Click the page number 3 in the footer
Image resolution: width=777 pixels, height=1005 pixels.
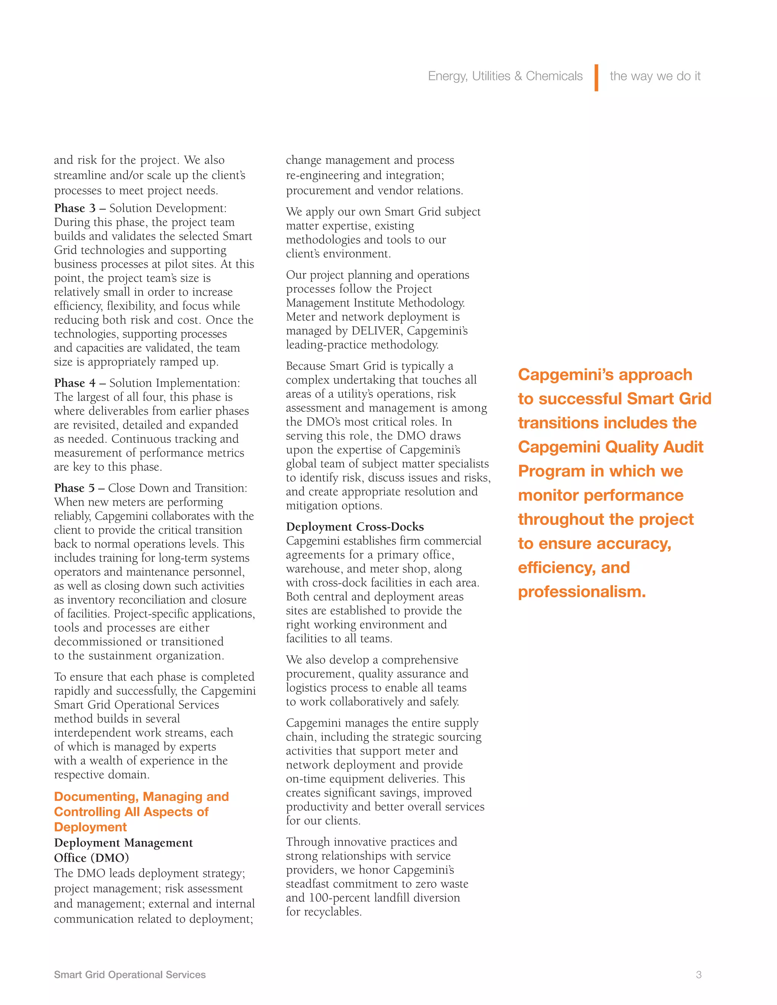point(698,974)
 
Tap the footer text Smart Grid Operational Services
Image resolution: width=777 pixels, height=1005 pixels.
point(130,974)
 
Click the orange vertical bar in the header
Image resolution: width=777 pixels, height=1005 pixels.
point(596,77)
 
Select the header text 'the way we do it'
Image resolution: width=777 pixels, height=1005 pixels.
point(654,76)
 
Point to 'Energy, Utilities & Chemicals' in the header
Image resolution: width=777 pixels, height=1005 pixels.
point(505,76)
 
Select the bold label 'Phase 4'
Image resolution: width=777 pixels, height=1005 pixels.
point(75,383)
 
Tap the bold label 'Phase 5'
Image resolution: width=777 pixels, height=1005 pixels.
point(75,488)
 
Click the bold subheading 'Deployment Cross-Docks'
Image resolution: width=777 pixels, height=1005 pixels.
point(354,526)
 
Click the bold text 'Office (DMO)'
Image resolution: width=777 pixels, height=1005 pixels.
point(91,858)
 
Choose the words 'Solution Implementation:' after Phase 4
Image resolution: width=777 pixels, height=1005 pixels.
point(175,383)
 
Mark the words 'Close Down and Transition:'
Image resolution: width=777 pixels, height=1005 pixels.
point(178,488)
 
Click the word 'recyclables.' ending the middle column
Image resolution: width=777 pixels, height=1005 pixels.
point(334,912)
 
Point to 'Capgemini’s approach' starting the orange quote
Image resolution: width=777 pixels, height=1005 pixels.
point(604,375)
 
